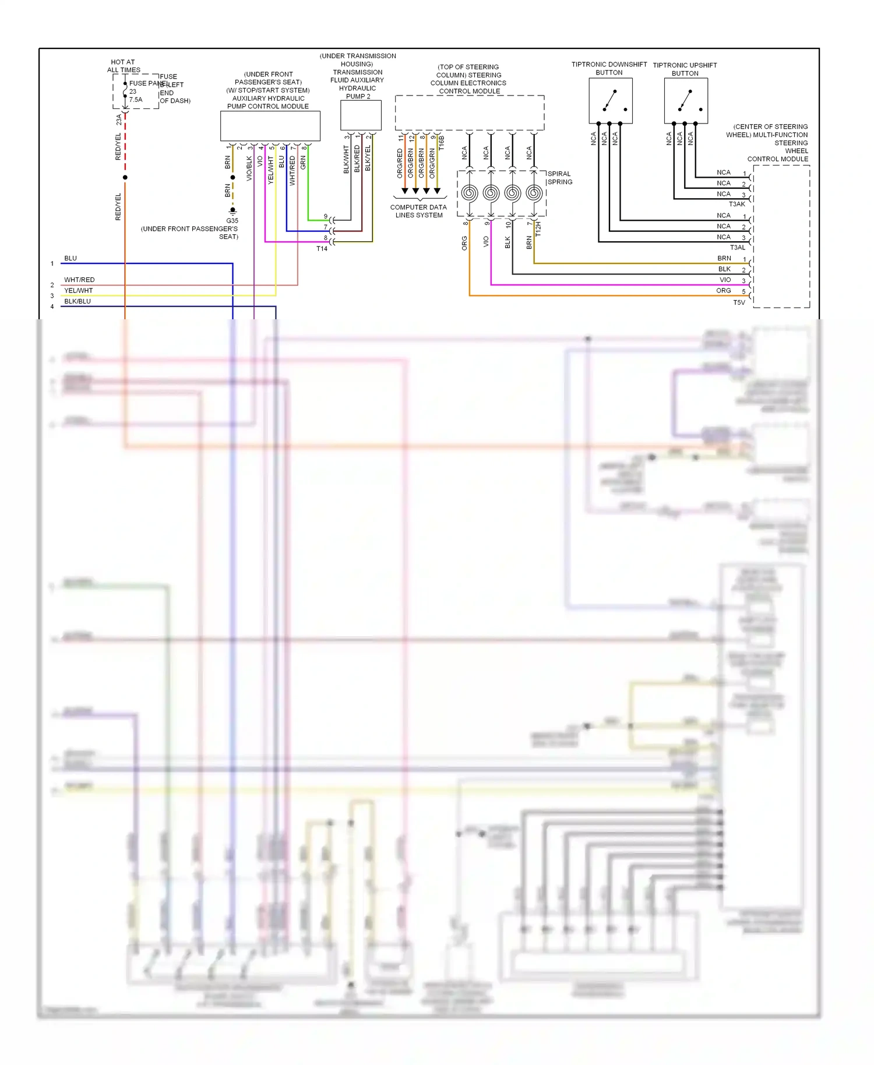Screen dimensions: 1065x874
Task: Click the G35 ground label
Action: click(232, 221)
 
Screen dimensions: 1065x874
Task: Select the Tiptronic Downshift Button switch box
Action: click(610, 101)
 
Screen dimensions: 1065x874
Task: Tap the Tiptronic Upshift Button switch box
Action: click(686, 101)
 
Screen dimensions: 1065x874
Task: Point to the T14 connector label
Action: click(322, 249)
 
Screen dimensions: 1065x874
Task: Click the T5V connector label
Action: click(739, 302)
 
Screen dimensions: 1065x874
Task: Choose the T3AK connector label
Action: click(737, 204)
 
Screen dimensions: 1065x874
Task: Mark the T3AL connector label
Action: click(737, 248)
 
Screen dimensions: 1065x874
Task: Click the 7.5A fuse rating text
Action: click(136, 100)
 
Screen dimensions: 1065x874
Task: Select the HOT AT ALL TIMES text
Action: click(123, 66)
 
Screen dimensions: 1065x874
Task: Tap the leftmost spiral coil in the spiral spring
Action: click(470, 193)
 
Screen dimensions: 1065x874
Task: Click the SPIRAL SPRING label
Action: click(559, 178)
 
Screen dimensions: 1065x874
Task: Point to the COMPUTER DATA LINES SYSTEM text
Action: click(418, 211)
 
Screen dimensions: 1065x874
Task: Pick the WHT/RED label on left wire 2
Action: click(79, 280)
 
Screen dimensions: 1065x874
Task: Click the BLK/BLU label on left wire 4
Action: click(77, 302)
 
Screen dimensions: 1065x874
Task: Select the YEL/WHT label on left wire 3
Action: click(78, 291)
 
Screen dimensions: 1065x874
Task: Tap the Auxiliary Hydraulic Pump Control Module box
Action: click(270, 126)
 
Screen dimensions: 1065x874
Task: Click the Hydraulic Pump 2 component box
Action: click(361, 115)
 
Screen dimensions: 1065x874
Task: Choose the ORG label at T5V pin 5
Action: click(723, 291)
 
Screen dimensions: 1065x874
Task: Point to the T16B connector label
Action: click(442, 143)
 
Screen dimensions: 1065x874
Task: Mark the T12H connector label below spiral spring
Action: click(538, 228)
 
